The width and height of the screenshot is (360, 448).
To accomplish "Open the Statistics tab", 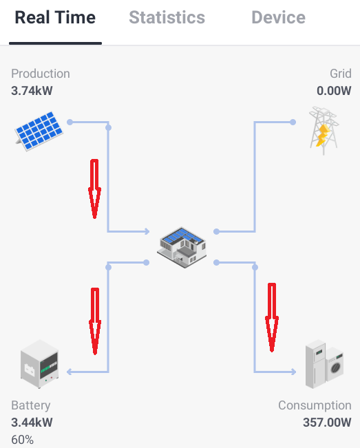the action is click(x=167, y=18).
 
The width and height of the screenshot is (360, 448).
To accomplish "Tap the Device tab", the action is click(x=278, y=18).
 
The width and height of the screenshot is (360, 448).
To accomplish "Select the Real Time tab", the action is click(x=55, y=18).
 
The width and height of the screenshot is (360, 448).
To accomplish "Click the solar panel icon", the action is click(x=39, y=131).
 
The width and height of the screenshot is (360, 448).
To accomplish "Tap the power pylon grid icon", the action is click(x=324, y=131).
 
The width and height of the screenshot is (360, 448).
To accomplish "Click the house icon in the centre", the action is click(x=182, y=248).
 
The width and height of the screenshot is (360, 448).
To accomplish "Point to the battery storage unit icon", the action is click(x=39, y=364).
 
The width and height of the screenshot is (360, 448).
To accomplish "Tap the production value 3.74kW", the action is click(x=32, y=91).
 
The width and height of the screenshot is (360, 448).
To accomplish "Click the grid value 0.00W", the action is click(x=334, y=91).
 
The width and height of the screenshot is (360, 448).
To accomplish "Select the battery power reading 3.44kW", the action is click(x=32, y=423).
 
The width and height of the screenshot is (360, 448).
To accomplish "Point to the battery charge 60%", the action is click(x=22, y=440).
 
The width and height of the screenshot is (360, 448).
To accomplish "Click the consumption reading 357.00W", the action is click(x=327, y=423).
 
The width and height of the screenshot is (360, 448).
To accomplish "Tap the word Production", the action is click(x=41, y=74).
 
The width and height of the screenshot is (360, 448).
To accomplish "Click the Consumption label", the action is click(x=315, y=405).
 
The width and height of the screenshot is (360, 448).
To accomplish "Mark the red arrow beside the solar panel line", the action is click(x=94, y=189).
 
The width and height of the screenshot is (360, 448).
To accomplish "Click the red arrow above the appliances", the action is click(x=272, y=317).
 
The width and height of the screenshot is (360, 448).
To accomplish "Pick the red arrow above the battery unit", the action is click(x=95, y=321).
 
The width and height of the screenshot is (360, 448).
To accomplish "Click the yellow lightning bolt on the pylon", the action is click(x=323, y=135).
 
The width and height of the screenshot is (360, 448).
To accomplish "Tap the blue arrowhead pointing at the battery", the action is click(x=69, y=372).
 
